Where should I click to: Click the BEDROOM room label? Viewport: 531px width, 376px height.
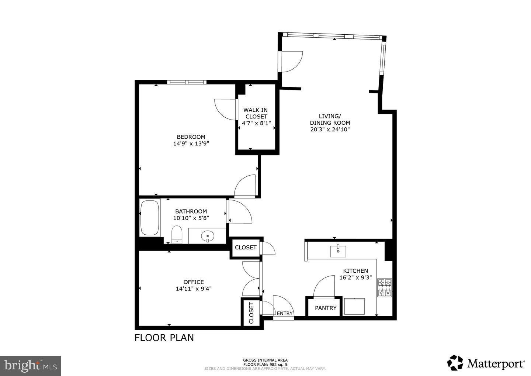tap(191, 137)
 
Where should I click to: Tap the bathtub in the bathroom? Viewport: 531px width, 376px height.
tap(149, 218)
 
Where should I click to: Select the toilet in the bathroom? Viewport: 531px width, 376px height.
tap(177, 235)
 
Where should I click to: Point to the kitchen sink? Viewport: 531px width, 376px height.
tap(338, 251)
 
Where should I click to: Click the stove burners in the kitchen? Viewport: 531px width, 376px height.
tap(385, 288)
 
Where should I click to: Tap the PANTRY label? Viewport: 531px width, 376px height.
tap(326, 308)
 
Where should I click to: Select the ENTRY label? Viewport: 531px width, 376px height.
tap(285, 313)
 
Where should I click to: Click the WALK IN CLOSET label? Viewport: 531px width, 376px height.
tap(256, 113)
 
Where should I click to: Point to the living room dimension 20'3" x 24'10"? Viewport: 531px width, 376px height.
tap(330, 130)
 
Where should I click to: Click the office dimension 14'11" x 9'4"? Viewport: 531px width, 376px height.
tap(194, 289)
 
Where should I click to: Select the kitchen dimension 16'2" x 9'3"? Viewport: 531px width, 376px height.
tap(355, 277)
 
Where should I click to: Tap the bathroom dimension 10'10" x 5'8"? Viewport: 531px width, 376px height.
tap(191, 218)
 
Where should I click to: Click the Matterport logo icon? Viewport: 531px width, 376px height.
tap(455, 362)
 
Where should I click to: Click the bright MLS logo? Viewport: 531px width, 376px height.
tap(30, 366)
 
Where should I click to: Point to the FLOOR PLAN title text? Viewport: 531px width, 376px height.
tap(164, 338)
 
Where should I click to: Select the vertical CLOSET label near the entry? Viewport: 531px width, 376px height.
tap(251, 313)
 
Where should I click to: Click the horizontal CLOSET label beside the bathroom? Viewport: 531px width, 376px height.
tap(246, 248)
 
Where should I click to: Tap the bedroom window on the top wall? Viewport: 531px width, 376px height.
tap(187, 82)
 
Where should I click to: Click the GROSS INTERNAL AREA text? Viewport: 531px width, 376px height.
tap(265, 360)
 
